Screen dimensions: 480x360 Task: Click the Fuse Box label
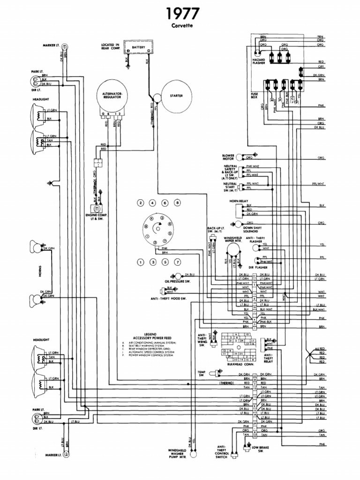click(254, 96)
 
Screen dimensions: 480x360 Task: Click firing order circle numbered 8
click(177, 203)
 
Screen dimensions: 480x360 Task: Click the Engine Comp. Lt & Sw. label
click(94, 217)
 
